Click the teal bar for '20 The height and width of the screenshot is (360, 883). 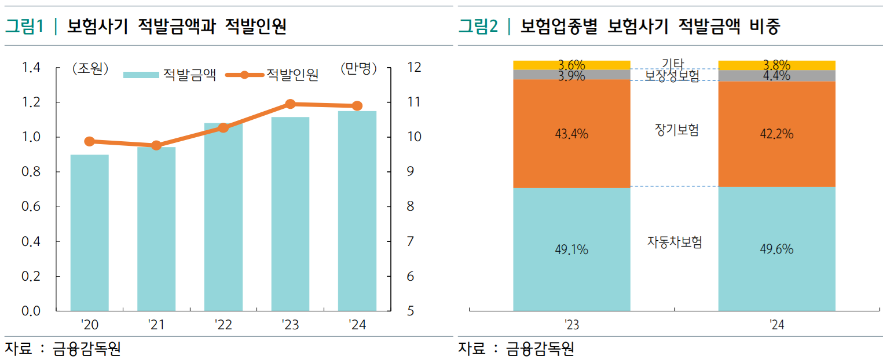[89, 233]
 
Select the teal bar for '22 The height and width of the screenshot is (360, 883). [224, 217]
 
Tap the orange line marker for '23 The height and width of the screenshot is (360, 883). [291, 104]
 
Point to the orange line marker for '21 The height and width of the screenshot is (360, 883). [156, 145]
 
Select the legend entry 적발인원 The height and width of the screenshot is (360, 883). [272, 75]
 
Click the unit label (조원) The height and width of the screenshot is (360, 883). [90, 69]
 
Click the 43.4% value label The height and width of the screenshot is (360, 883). [571, 134]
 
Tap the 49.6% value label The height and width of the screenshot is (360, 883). [776, 249]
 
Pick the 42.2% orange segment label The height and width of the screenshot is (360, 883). [776, 134]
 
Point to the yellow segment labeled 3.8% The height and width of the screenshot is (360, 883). [776, 65]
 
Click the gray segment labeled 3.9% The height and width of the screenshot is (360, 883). [571, 75]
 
